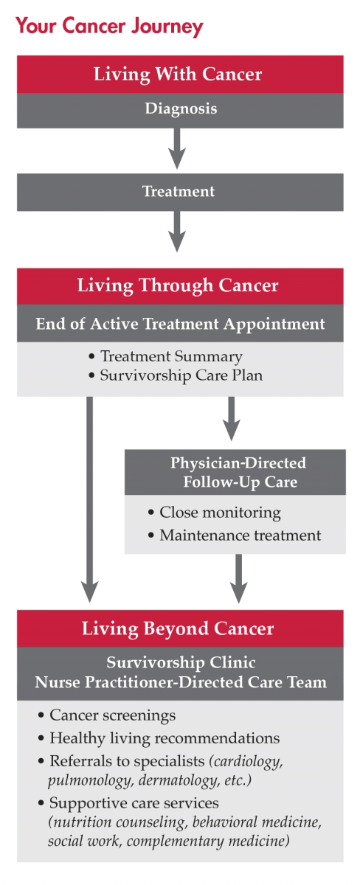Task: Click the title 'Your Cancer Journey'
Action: click(x=109, y=27)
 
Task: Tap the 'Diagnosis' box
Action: click(x=180, y=109)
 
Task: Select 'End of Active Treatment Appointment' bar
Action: click(x=180, y=324)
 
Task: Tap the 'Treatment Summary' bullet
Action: click(x=171, y=356)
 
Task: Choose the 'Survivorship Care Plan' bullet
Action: click(x=181, y=375)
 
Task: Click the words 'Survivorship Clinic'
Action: click(x=180, y=664)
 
